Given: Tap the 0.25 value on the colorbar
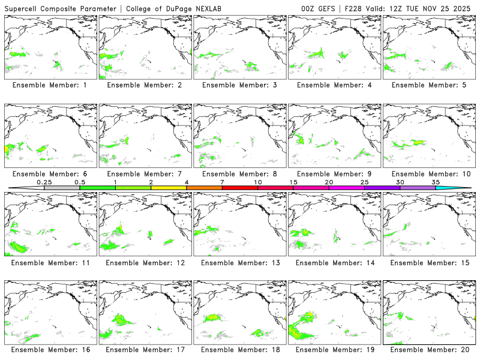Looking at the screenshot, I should pyautogui.click(x=44, y=182).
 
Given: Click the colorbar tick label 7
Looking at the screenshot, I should pyautogui.click(x=222, y=182).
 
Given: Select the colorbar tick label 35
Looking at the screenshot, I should pyautogui.click(x=436, y=182).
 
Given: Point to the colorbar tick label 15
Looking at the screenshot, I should pyautogui.click(x=293, y=182).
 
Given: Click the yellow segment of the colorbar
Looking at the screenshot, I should pyautogui.click(x=169, y=188).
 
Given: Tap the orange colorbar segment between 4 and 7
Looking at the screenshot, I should pyautogui.click(x=204, y=188).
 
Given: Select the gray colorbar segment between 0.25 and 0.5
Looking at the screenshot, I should pyautogui.click(x=62, y=188).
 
